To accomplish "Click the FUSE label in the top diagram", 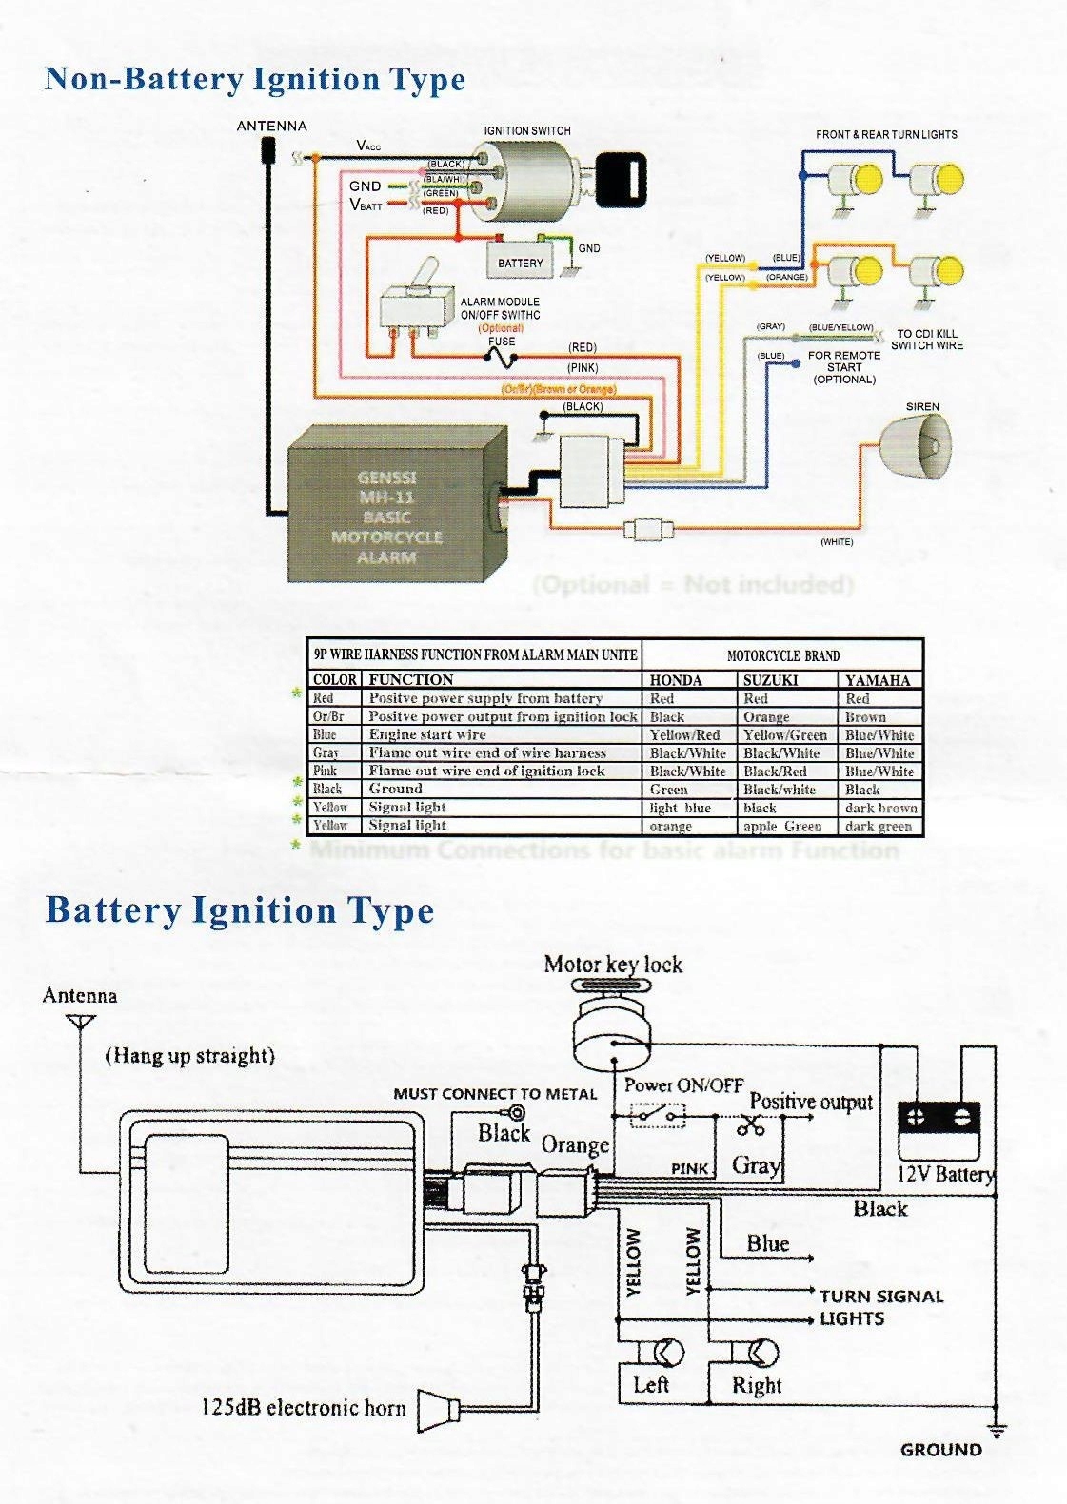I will pyautogui.click(x=502, y=342).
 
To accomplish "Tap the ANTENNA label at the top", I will pyautogui.click(x=271, y=127).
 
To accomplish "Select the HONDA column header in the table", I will pyautogui.click(x=676, y=680).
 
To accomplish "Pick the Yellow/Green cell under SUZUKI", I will pyautogui.click(x=785, y=734).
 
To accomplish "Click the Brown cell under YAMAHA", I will pyautogui.click(x=865, y=716).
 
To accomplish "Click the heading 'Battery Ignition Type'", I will pyautogui.click(x=240, y=910).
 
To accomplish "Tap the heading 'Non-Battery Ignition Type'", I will pyautogui.click(x=255, y=79).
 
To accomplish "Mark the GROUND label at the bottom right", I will pyautogui.click(x=940, y=1451).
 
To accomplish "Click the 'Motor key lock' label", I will pyautogui.click(x=613, y=965).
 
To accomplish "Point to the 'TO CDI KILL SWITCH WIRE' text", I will pyautogui.click(x=930, y=340).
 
